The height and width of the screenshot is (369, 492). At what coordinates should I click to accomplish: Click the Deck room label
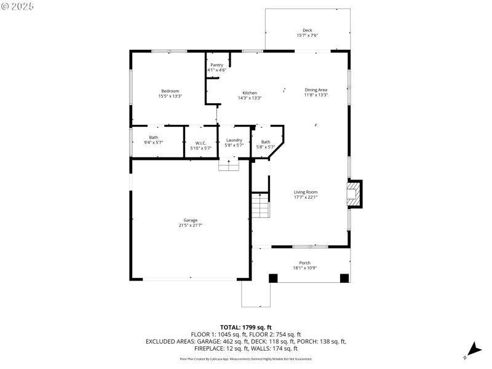point(307,30)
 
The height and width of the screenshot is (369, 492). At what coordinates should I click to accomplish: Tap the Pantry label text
point(216,65)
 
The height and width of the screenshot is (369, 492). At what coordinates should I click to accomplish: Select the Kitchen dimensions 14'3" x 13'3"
point(250,98)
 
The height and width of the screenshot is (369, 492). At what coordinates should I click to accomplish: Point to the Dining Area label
point(315,90)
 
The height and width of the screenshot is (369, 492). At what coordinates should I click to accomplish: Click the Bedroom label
point(170,91)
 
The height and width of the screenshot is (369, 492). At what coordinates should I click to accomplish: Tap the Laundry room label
point(234,140)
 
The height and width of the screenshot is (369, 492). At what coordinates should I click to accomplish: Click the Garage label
point(190,220)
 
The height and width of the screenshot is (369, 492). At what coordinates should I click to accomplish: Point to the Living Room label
point(306,192)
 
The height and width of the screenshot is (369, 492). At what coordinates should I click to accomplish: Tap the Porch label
point(306,263)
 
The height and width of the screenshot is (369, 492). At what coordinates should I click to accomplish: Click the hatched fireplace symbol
point(354,194)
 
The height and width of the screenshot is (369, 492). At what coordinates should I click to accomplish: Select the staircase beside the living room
point(261,205)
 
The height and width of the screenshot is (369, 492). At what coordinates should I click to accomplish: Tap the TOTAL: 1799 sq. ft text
point(246,327)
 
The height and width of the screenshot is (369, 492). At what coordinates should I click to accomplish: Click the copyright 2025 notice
point(18,6)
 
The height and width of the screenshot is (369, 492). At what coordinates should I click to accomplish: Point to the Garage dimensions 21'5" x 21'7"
point(190,225)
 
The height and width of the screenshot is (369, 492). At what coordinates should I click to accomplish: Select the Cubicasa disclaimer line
point(246,359)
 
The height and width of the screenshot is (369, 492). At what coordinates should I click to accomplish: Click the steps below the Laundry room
point(229,165)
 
